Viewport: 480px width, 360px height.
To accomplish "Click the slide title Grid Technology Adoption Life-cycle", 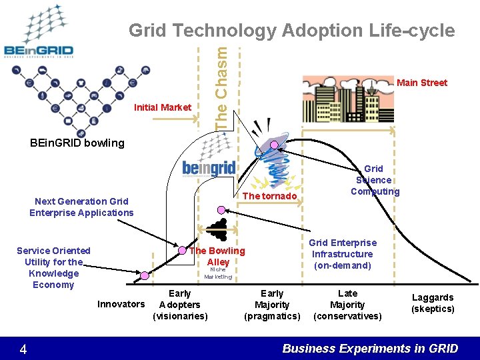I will pos(291,30).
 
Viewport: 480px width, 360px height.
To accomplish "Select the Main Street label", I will pos(421,83).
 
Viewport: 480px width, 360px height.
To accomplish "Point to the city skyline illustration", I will pos(347,100).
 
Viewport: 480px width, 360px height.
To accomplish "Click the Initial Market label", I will pos(163,107).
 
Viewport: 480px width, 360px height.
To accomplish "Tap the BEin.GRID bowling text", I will pos(77,143).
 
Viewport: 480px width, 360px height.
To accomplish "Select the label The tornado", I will pos(269,196).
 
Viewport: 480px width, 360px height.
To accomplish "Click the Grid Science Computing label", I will pos(375,180).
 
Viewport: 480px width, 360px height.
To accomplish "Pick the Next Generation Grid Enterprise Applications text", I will pos(81,207).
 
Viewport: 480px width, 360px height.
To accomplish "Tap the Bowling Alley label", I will pos(217,257).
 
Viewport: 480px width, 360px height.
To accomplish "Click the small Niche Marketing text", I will pos(218,273).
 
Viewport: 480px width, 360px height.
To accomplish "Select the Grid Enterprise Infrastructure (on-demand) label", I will pos(343,254).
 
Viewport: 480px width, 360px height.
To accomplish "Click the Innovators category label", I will pos(121,304).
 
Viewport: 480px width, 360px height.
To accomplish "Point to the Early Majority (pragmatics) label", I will pos(272,304).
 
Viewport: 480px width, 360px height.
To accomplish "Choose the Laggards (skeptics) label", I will pos(433,303).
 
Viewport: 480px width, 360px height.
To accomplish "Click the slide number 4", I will pos(23,349).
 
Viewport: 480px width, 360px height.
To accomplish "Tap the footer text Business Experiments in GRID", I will pos(370,348).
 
